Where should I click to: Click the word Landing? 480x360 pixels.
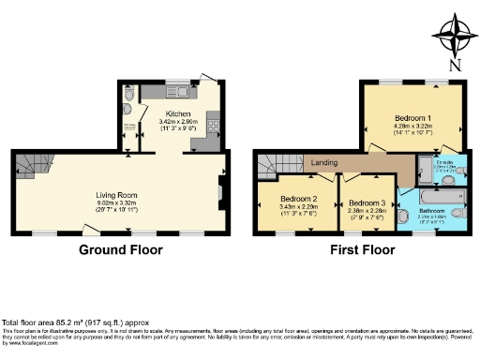coord(325,160)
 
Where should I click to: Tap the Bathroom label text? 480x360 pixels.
coord(431,211)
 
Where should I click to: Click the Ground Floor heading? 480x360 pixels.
coord(120,250)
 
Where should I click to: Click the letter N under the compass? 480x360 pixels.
coord(455,66)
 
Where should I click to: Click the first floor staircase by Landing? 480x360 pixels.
coord(276,166)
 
